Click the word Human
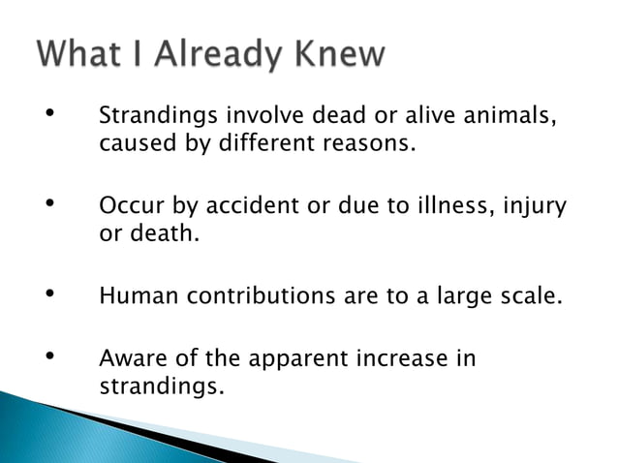(138, 295)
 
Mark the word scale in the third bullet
(531, 295)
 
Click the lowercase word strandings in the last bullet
(160, 386)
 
